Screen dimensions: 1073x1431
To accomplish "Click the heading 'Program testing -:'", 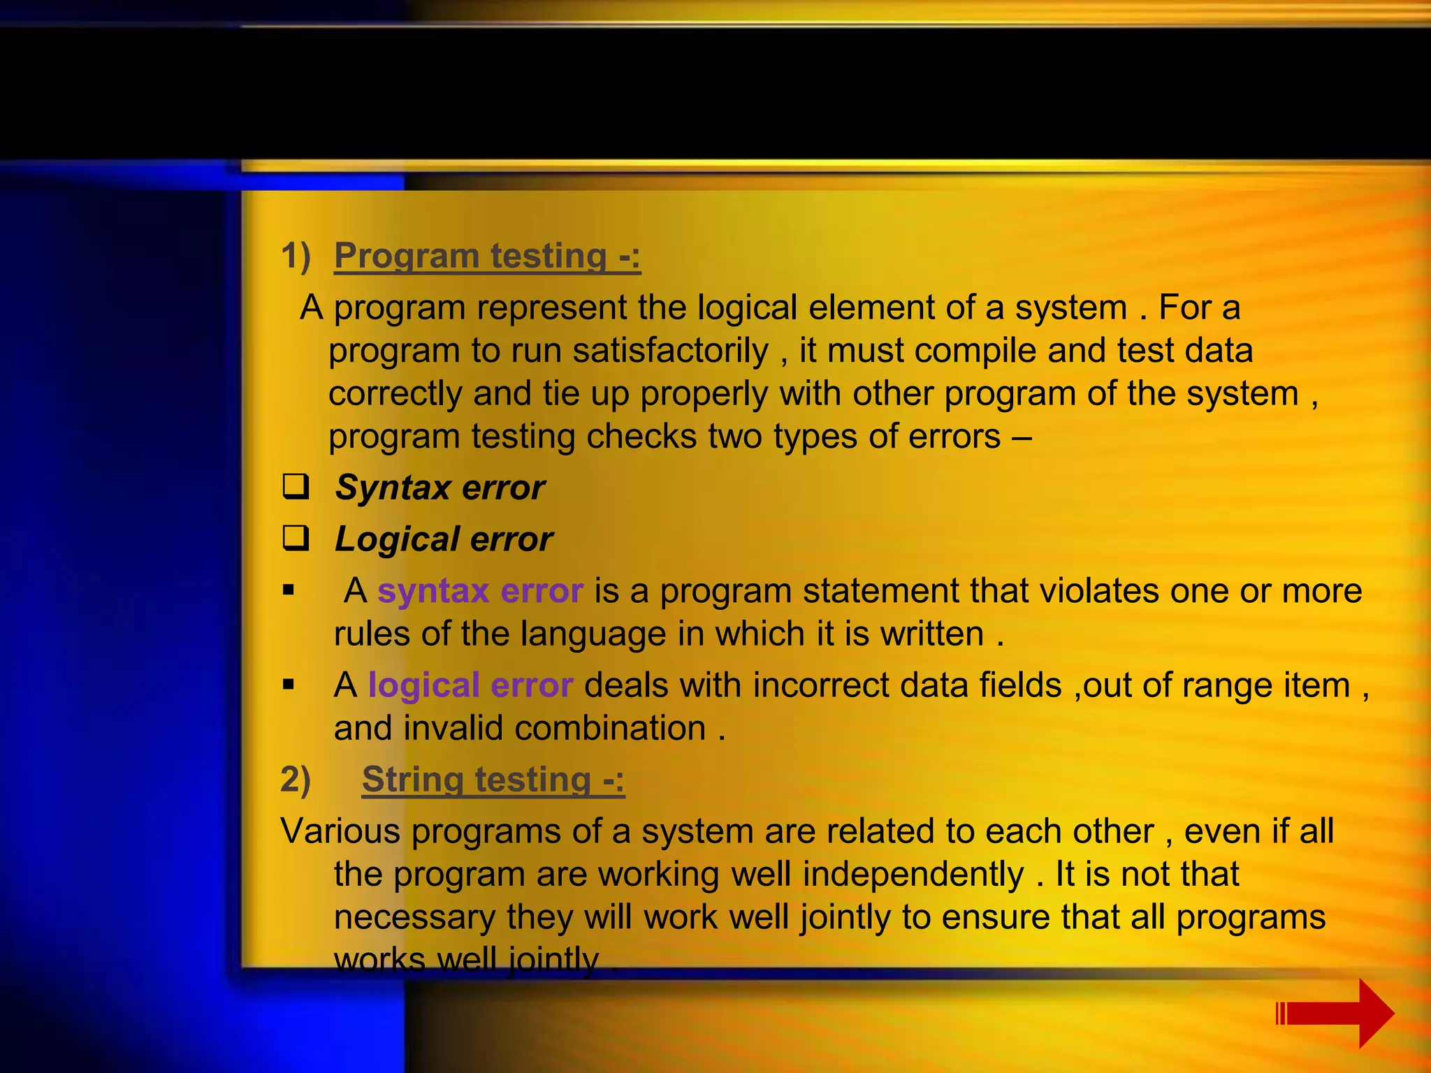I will pyautogui.click(x=487, y=256).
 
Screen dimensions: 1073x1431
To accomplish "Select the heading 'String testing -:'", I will pyautogui.click(x=493, y=780).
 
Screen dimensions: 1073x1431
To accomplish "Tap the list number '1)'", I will pyautogui.click(x=295, y=256).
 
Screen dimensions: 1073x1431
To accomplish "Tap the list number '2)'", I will pyautogui.click(x=295, y=780).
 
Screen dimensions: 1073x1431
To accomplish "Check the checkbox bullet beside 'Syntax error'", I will pyautogui.click(x=296, y=486).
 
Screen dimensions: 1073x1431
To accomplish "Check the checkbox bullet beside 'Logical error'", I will pyautogui.click(x=296, y=538).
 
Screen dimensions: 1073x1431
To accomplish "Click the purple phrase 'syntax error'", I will pyautogui.click(x=480, y=591).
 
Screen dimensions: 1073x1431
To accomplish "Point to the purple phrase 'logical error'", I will pyautogui.click(x=470, y=685).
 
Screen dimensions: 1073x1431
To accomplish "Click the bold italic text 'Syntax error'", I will pyautogui.click(x=440, y=488).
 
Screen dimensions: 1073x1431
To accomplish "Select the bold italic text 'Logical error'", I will pyautogui.click(x=444, y=539).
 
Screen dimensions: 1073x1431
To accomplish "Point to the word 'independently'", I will pyautogui.click(x=913, y=875).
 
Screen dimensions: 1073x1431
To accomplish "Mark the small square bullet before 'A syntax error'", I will pyautogui.click(x=289, y=590).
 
